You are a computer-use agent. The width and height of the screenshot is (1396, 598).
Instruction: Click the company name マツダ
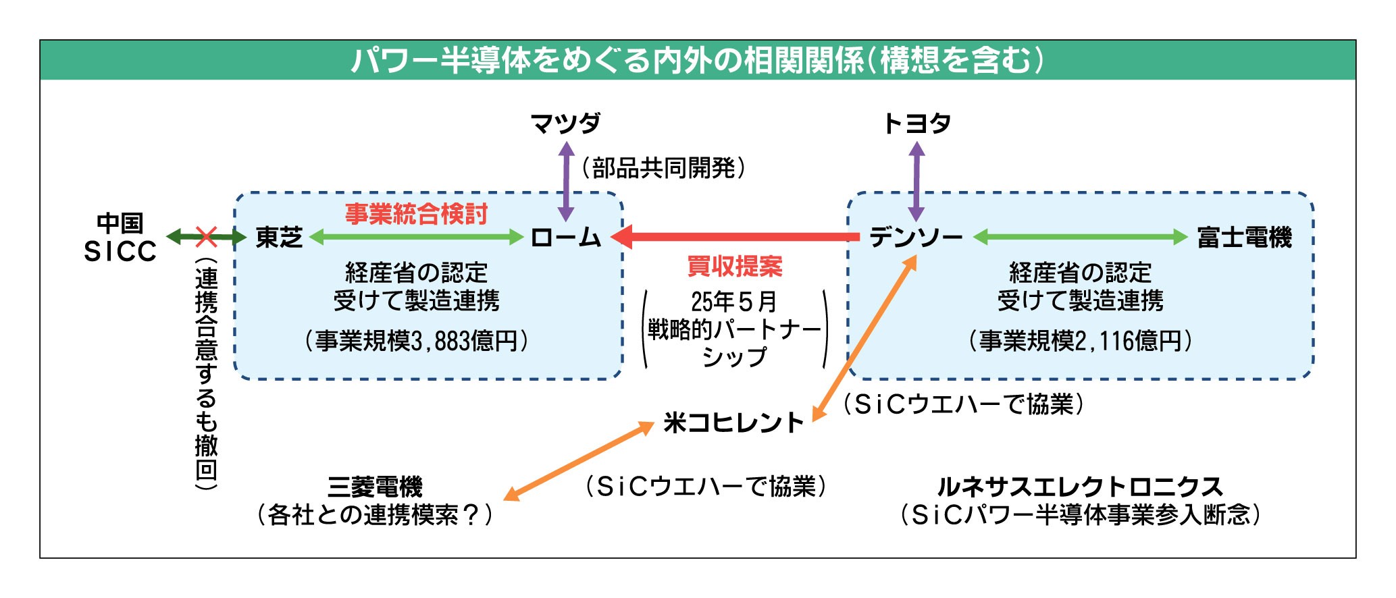click(565, 124)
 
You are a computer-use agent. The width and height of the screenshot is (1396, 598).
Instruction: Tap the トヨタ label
click(916, 124)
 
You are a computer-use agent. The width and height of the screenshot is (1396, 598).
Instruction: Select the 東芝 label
click(279, 238)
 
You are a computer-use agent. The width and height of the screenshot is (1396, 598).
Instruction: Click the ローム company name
click(566, 238)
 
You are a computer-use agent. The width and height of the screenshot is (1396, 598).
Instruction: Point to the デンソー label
click(916, 238)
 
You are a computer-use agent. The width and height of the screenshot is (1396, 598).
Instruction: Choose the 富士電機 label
click(1244, 238)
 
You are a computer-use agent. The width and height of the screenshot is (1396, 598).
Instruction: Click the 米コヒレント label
click(733, 423)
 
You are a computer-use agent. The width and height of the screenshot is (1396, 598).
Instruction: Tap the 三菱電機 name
click(375, 487)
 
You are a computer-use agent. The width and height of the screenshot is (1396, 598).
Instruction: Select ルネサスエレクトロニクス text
click(1079, 487)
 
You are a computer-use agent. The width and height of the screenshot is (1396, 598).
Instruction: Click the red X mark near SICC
click(206, 237)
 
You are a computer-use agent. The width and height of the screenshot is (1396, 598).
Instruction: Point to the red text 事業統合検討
click(416, 214)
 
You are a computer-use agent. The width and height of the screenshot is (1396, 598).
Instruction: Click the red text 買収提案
click(735, 267)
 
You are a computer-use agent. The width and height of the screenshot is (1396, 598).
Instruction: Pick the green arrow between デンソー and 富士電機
click(1080, 237)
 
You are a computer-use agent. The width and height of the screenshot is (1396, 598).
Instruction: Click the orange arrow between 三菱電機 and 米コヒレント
click(579, 462)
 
